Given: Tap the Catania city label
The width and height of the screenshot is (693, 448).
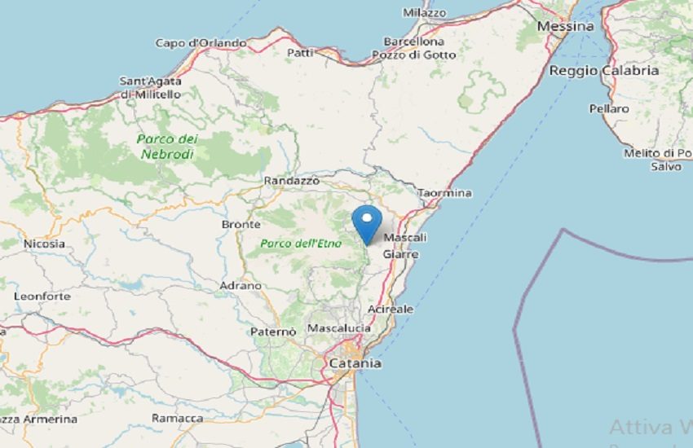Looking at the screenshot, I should tap(355, 363).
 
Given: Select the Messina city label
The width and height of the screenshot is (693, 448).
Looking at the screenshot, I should tap(566, 26).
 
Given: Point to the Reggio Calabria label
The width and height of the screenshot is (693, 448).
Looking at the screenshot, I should tap(604, 71).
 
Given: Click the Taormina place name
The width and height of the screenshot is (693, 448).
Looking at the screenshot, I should tap(444, 193).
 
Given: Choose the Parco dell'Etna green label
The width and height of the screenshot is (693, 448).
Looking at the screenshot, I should tap(292, 243).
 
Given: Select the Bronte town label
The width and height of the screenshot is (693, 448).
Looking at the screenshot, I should tap(241, 224).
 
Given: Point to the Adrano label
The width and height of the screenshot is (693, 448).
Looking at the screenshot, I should tap(241, 286).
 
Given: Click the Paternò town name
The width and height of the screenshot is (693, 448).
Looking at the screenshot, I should tap(273, 332).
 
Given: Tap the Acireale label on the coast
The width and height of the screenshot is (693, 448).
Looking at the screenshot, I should tap(391, 310).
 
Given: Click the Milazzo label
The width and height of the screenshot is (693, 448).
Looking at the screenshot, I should tap(425, 13).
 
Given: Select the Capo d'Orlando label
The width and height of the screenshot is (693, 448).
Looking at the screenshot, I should tap(201, 43).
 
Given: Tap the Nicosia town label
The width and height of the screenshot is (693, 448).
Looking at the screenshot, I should tap(44, 243).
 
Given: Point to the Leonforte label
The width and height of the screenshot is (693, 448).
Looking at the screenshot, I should tap(42, 296).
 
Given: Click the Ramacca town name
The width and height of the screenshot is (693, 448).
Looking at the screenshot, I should tap(178, 418).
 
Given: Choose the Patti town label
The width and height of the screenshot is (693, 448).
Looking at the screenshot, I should tap(300, 53).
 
